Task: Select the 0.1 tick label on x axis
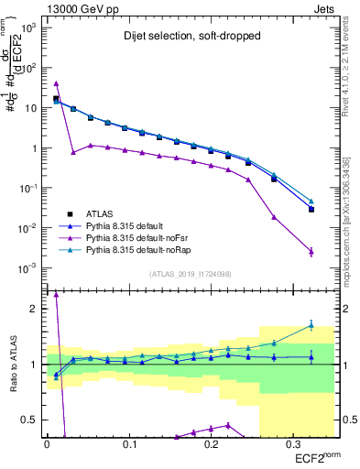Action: [127, 444]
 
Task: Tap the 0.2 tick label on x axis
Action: [209, 444]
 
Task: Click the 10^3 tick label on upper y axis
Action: [30, 27]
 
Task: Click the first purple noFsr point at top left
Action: [56, 83]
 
